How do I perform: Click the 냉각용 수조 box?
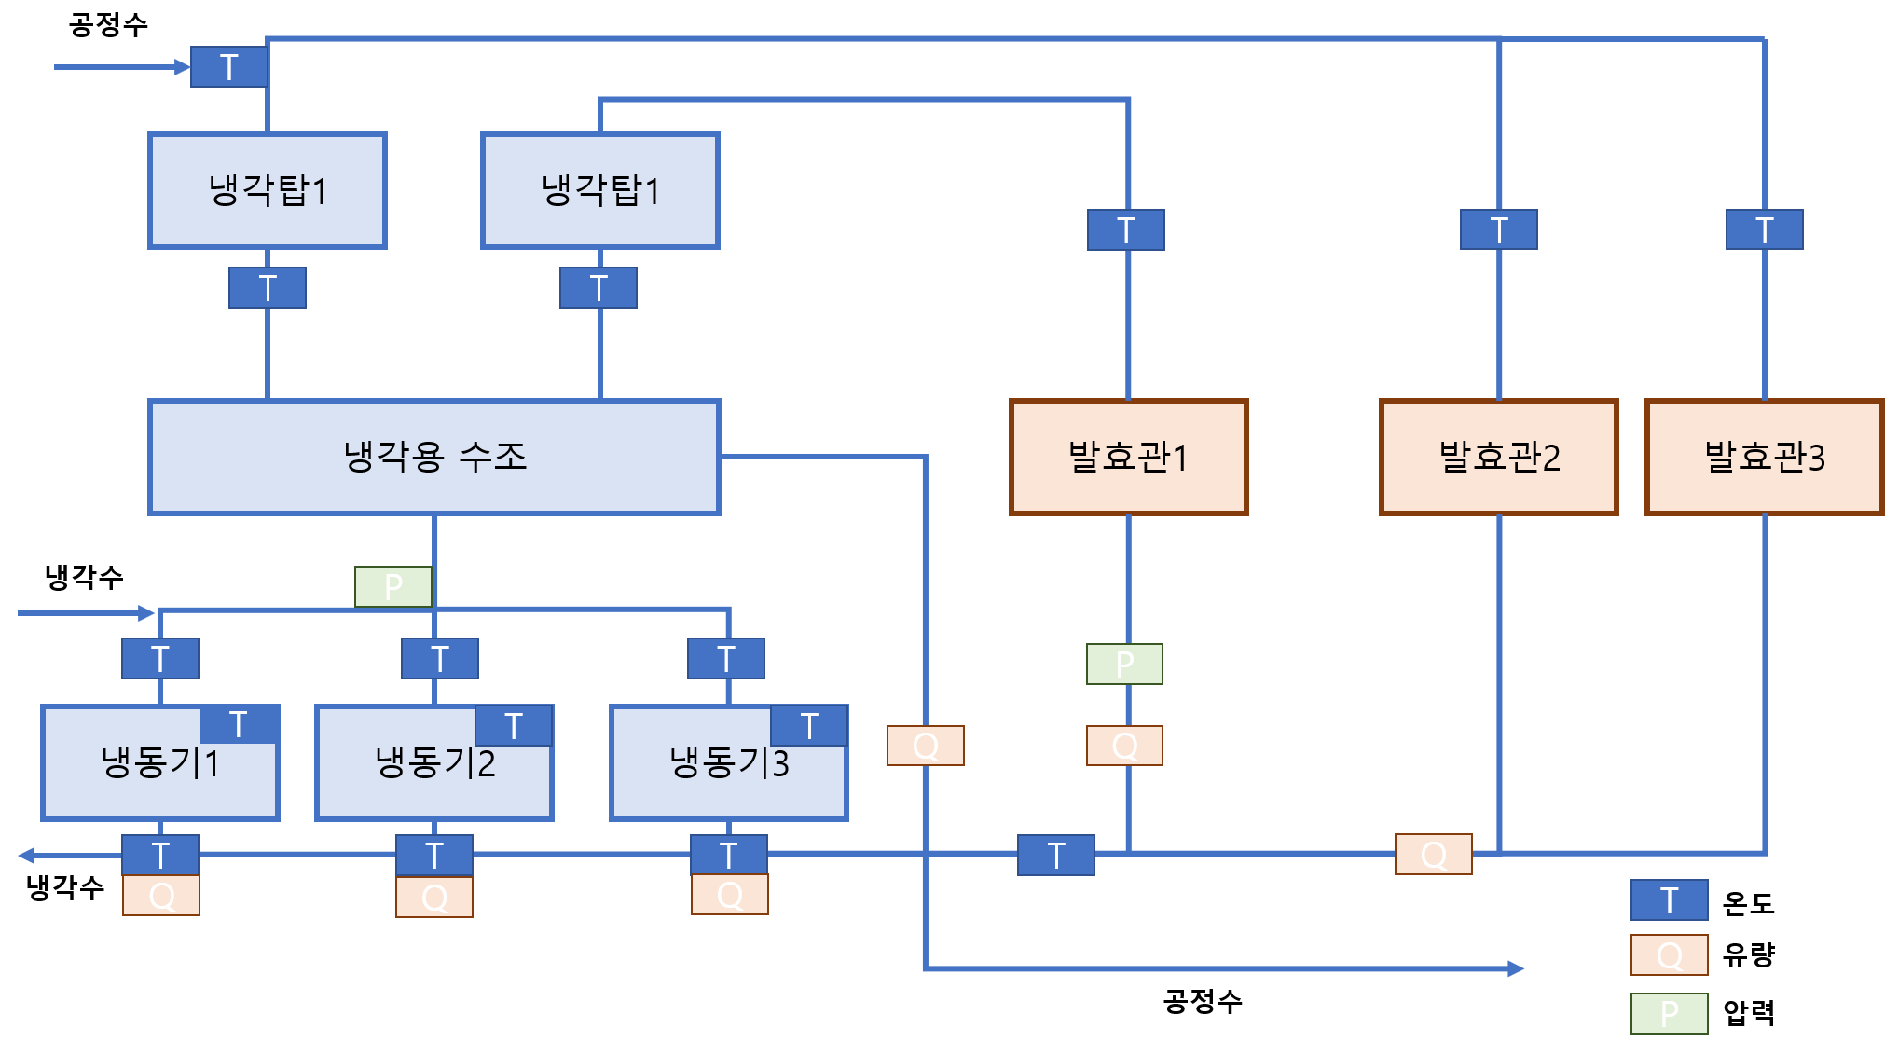tap(433, 457)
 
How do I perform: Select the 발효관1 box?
tap(1128, 457)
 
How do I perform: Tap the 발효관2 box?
tap(1498, 457)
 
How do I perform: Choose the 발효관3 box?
tap(1764, 457)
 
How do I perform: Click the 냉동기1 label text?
tap(160, 763)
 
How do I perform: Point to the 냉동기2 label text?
tap(434, 763)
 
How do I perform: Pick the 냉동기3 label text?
tap(729, 763)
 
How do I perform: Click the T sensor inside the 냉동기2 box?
tap(514, 726)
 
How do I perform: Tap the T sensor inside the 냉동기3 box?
tap(809, 726)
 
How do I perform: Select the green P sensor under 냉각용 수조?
tap(393, 586)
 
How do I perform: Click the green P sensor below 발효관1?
tap(1124, 665)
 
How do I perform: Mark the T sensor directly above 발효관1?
tap(1126, 230)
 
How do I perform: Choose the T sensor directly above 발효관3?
tap(1764, 230)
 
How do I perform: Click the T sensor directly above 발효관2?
tap(1498, 230)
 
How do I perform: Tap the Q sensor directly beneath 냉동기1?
tap(161, 896)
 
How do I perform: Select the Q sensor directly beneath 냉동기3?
tap(730, 895)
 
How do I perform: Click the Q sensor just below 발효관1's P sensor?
tap(1124, 746)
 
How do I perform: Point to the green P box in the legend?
tap(1669, 1013)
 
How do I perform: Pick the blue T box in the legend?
tap(1669, 900)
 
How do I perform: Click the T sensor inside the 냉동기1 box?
tap(239, 724)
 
